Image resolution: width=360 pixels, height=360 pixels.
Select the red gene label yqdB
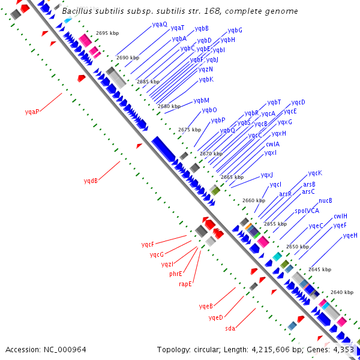pyautogui.click(x=91, y=180)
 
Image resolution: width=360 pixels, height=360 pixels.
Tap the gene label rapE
pyautogui.click(x=185, y=284)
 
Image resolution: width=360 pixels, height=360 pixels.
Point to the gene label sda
pyautogui.click(x=230, y=328)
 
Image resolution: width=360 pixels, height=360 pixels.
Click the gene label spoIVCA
pyautogui.click(x=307, y=211)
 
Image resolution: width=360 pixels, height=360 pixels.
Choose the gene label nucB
pyautogui.click(x=325, y=200)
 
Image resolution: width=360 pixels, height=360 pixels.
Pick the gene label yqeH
pyautogui.click(x=350, y=235)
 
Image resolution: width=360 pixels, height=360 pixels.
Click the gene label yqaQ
pyautogui.click(x=160, y=24)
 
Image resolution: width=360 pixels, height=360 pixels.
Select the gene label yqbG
pyautogui.click(x=235, y=30)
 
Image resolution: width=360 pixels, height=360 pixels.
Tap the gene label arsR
pyautogui.click(x=286, y=194)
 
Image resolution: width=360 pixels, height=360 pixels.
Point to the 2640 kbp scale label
pyautogui.click(x=341, y=292)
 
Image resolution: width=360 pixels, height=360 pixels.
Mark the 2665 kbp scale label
pyautogui.click(x=232, y=177)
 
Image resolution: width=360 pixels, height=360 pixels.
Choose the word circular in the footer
pyautogui.click(x=206, y=349)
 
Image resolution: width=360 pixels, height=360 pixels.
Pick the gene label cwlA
pyautogui.click(x=272, y=143)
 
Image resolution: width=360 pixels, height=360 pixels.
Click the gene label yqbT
pyautogui.click(x=274, y=102)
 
